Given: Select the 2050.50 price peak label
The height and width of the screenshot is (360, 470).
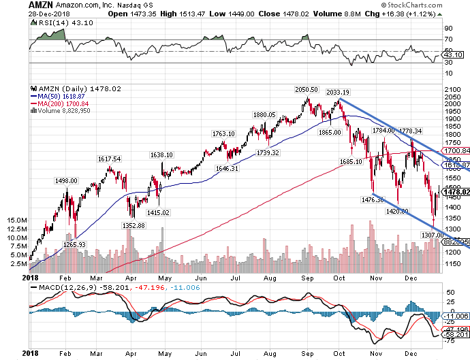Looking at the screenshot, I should (x=306, y=90).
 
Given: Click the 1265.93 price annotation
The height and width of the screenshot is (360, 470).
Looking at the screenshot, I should (x=72, y=244).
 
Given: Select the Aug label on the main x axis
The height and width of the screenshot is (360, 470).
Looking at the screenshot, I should (x=268, y=278).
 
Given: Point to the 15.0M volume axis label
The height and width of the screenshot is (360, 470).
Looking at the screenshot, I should (x=15, y=220).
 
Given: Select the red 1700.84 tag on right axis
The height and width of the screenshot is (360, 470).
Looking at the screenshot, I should (x=458, y=150).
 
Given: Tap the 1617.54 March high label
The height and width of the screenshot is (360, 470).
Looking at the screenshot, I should (x=110, y=159).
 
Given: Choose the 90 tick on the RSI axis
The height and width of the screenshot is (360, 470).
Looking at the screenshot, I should (x=448, y=29).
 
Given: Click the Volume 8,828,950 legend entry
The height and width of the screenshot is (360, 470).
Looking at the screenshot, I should (x=65, y=110).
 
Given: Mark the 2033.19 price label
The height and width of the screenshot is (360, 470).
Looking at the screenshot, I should (x=338, y=93).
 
